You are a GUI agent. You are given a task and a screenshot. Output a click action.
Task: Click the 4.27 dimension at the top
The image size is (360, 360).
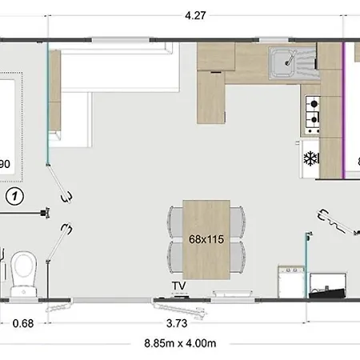tap(195, 15)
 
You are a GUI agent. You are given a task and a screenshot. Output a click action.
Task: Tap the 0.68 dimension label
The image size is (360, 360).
tap(23, 323)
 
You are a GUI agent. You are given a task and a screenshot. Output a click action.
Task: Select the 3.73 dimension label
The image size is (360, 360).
tap(177, 323)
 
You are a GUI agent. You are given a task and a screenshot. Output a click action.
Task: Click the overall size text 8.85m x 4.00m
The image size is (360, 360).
tap(180, 343)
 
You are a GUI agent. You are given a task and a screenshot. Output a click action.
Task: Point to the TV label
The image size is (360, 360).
tap(178, 286)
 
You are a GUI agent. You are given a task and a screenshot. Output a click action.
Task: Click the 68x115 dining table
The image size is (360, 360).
tap(206, 239)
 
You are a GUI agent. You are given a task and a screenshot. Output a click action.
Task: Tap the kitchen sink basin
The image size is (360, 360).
tap(282, 63)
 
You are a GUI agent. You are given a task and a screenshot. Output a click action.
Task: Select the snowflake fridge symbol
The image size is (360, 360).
tap(310, 158)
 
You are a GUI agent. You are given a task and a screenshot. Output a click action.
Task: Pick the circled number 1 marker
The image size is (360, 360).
tap(14, 196)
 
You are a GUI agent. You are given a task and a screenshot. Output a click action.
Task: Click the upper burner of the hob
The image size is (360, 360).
tap(314, 103)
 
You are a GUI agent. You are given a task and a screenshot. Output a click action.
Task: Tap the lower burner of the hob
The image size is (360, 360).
tap(314, 119)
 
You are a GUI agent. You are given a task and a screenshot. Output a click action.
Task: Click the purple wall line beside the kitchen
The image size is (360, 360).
tap(344, 110)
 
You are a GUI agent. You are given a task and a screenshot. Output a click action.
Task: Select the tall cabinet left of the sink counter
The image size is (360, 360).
tap(211, 97)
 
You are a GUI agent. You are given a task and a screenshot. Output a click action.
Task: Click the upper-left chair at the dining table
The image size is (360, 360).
tap(175, 222)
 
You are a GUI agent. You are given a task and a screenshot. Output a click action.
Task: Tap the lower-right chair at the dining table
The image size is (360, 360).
tap(238, 258)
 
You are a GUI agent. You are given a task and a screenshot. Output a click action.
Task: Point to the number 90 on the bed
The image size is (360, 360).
tap(5, 164)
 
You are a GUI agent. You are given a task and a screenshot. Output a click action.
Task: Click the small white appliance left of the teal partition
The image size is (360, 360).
tap(291, 282)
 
